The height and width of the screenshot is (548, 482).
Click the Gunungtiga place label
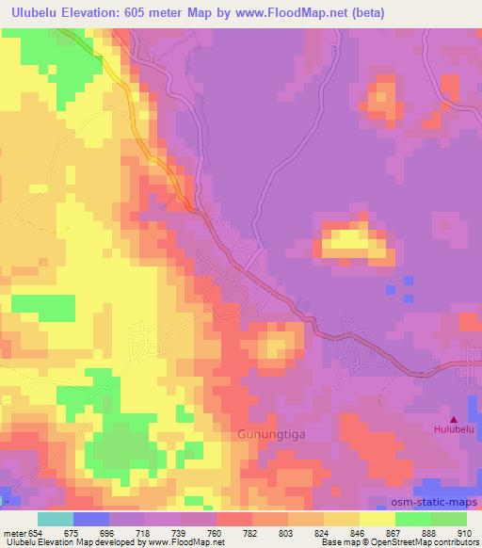[265, 436]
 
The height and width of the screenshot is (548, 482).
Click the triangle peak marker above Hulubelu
[456, 420]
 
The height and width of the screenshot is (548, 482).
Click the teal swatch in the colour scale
[55, 519]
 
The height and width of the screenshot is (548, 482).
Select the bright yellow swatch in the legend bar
[376, 519]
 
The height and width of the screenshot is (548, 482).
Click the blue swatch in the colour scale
[90, 519]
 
